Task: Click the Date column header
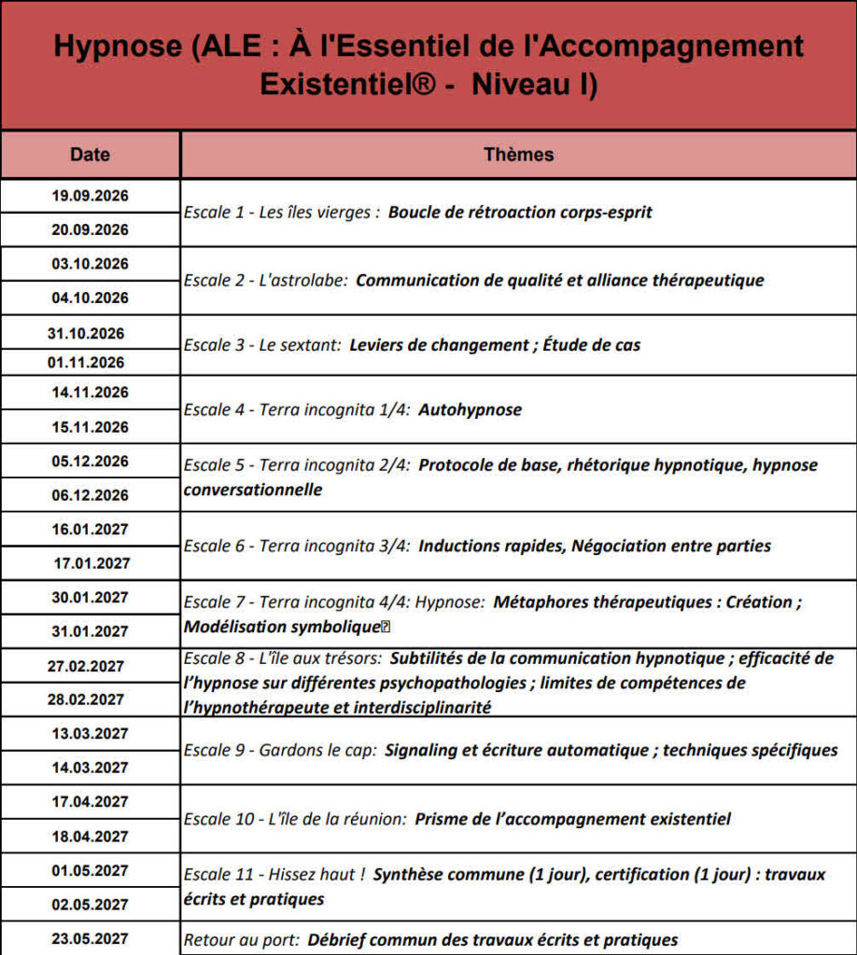[90, 155]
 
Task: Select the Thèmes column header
[518, 155]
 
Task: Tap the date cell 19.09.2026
[90, 196]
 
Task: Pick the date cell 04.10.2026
[90, 298]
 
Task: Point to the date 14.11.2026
[90, 393]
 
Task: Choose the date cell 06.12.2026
[90, 495]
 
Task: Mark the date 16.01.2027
[90, 529]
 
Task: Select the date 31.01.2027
[90, 631]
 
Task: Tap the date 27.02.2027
[86, 666]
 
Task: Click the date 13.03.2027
[90, 734]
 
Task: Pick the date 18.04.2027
[90, 837]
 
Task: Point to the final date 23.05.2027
[90, 939]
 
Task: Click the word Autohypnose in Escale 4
[471, 409]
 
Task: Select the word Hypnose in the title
[113, 48]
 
